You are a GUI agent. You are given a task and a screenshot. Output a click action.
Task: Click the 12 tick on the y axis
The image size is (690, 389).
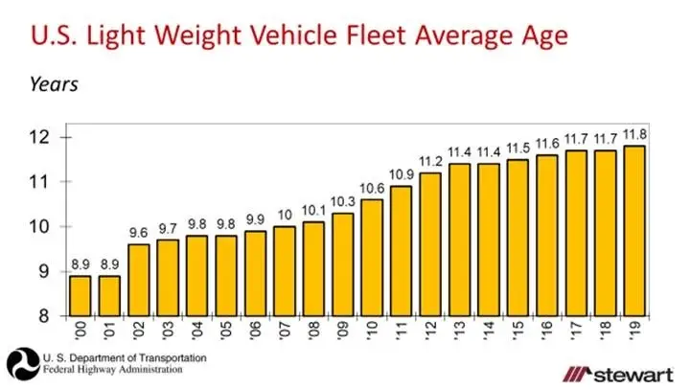[40, 137]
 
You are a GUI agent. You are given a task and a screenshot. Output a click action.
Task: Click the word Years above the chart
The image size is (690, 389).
[53, 83]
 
